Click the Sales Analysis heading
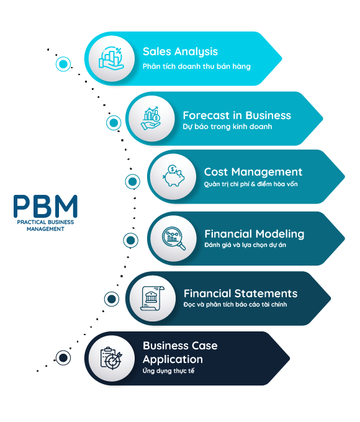pyautogui.click(x=180, y=52)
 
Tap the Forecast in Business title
pyautogui.click(x=237, y=115)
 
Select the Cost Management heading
pyautogui.click(x=253, y=172)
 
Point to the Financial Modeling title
pyautogui.click(x=254, y=234)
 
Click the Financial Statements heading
pyautogui.click(x=240, y=294)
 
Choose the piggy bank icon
pyautogui.click(x=173, y=176)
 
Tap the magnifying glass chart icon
pyautogui.click(x=174, y=238)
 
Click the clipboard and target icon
pyautogui.click(x=111, y=359)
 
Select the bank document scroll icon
pyautogui.click(x=152, y=299)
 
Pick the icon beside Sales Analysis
pyautogui.click(x=111, y=59)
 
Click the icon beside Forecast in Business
pyautogui.click(x=151, y=119)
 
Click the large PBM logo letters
pyautogui.click(x=45, y=206)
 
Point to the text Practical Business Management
pyautogui.click(x=45, y=225)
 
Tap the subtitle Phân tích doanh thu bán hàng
pyautogui.click(x=197, y=66)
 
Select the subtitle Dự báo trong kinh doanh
pyautogui.click(x=227, y=127)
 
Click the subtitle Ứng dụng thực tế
pyautogui.click(x=168, y=371)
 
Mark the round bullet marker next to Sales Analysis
pyautogui.click(x=63, y=64)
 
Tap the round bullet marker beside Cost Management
pyautogui.click(x=132, y=181)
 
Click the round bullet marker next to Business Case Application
pyautogui.click(x=63, y=358)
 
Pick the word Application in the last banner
pyautogui.click(x=173, y=360)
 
